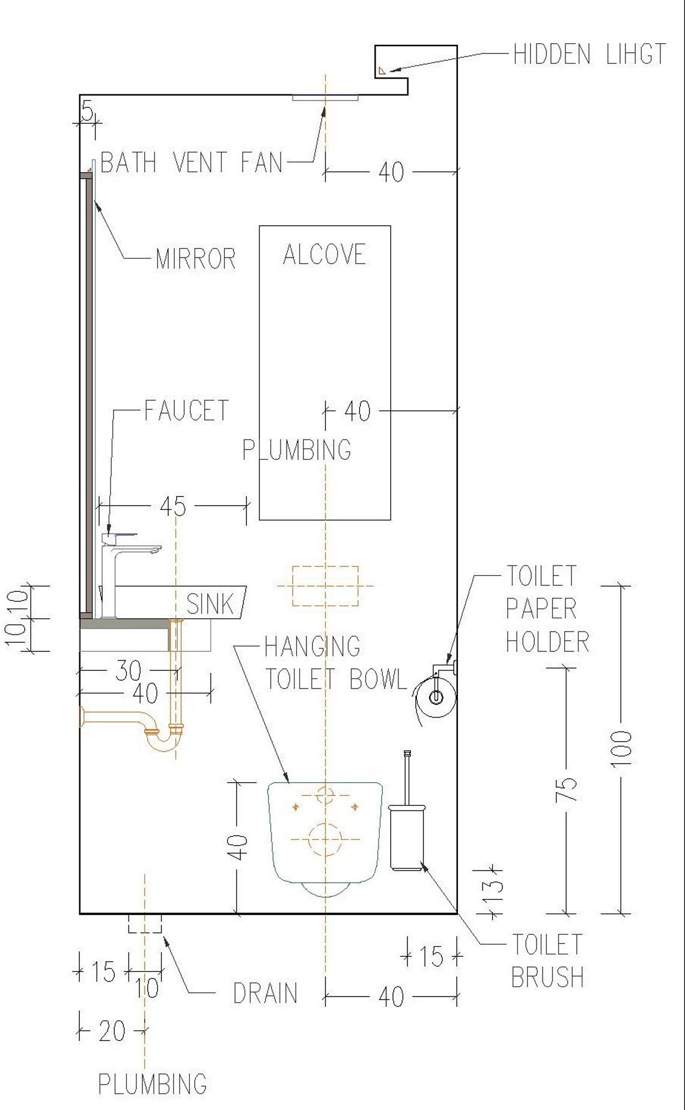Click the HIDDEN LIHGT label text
(589, 55)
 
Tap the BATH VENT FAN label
(191, 163)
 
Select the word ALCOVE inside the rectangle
(324, 255)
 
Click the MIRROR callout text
(195, 259)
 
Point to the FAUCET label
(186, 411)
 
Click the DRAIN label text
(265, 994)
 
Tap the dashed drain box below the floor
(145, 924)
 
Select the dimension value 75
(567, 789)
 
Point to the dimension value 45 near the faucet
(173, 507)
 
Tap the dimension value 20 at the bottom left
(112, 1031)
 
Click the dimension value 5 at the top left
(88, 111)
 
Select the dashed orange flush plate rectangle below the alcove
(325, 585)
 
